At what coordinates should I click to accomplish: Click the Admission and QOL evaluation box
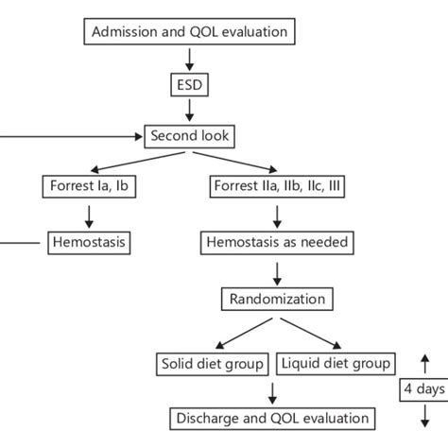[189, 32]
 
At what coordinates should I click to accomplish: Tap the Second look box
[189, 136]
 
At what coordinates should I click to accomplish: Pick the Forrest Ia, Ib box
[89, 188]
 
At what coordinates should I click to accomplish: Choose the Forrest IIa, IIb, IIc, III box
[277, 188]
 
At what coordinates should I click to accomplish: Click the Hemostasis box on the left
[89, 244]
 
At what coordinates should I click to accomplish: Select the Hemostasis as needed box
[277, 244]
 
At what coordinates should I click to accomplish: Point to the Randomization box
[277, 300]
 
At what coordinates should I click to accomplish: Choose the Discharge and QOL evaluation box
[271, 417]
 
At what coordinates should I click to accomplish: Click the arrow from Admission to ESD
[189, 58]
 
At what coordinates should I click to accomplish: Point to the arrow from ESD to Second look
[189, 110]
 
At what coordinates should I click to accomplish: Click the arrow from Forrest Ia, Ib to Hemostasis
[89, 215]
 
